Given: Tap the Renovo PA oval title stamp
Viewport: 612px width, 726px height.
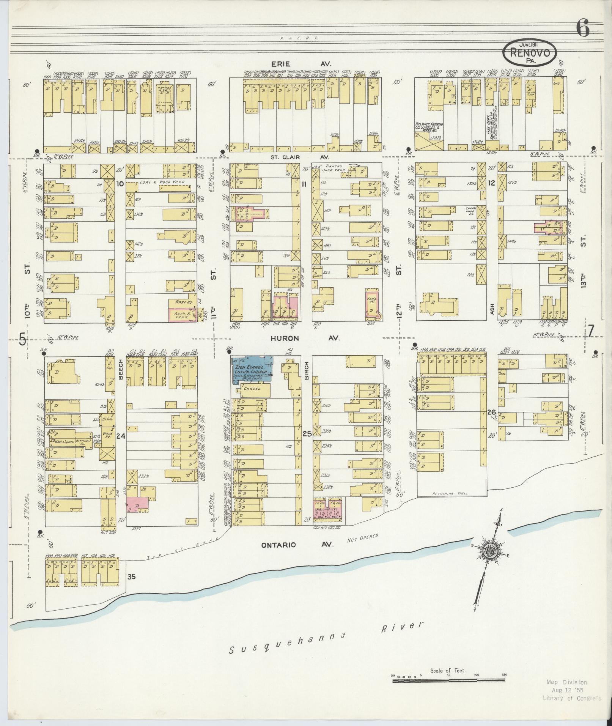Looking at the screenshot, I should pyautogui.click(x=530, y=53).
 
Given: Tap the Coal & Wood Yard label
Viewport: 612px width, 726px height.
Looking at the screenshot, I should pyautogui.click(x=162, y=182).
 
